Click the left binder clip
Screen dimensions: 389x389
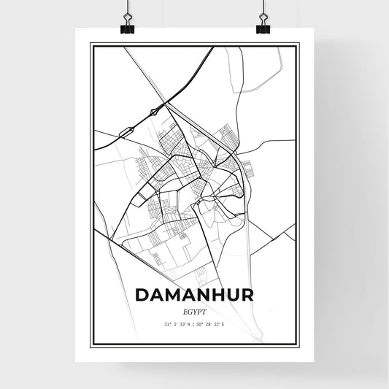(x=127, y=27)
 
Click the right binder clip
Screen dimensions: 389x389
(x=263, y=27)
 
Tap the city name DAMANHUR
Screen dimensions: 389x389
(x=194, y=296)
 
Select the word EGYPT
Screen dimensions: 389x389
(x=194, y=310)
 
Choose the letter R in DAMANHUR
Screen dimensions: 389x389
(x=247, y=296)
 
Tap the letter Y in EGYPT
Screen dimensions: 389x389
(x=194, y=310)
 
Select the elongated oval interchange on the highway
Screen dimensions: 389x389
(x=125, y=131)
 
